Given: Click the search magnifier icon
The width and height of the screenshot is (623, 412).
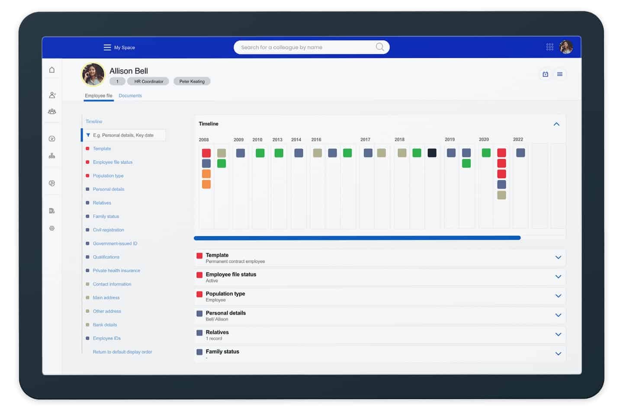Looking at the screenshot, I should [x=380, y=47].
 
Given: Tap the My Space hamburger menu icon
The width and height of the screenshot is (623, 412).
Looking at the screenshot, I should [x=107, y=48].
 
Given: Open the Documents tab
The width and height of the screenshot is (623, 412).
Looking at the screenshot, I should [x=130, y=96].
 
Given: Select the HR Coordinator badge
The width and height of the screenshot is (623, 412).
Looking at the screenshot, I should [x=148, y=81].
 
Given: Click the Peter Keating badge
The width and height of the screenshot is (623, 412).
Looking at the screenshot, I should [x=192, y=81].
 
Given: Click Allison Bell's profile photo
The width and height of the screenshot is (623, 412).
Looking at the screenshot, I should [x=93, y=75].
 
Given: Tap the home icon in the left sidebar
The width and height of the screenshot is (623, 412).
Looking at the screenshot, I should [x=52, y=70].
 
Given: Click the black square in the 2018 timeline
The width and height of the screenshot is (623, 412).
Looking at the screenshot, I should [x=432, y=153].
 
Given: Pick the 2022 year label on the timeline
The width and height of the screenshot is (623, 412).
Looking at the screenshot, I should [x=518, y=139].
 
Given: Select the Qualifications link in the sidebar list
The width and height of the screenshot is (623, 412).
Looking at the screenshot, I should [x=106, y=257].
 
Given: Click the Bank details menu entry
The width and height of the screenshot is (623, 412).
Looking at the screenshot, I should [x=105, y=325].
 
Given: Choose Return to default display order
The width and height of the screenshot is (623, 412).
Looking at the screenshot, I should [x=122, y=352].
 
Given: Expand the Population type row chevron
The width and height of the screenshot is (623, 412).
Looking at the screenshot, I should [x=558, y=296].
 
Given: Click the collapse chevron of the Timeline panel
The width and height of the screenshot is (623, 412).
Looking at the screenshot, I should [x=556, y=124].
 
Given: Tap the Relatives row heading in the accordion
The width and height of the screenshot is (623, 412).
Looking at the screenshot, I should [x=217, y=332].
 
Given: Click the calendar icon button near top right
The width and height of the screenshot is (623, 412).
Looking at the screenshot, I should [x=546, y=75].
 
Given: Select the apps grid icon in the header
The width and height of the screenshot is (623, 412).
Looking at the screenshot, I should [x=549, y=47].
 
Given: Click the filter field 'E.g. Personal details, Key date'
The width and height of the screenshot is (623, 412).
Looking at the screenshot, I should [x=125, y=136].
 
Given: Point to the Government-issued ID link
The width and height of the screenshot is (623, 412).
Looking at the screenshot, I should [x=115, y=244].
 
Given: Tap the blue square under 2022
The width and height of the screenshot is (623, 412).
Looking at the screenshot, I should [x=520, y=153].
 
